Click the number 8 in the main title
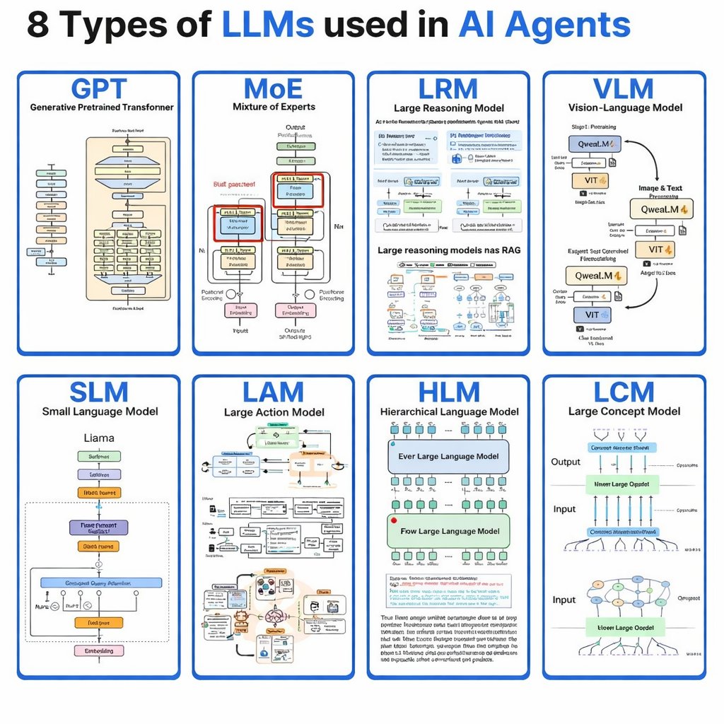[40, 25]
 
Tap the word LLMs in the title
[268, 25]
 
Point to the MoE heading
[273, 89]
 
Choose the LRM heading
[448, 89]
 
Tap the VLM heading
[624, 89]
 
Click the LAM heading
[273, 392]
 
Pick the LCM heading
[624, 392]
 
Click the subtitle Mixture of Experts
[274, 107]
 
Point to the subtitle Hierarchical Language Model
[449, 411]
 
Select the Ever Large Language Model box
[448, 456]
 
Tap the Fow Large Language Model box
[448, 531]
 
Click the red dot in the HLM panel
[394, 520]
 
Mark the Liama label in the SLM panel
[99, 438]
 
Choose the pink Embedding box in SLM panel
[99, 650]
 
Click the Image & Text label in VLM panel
[660, 188]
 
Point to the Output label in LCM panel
[566, 462]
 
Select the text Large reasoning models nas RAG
[448, 250]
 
